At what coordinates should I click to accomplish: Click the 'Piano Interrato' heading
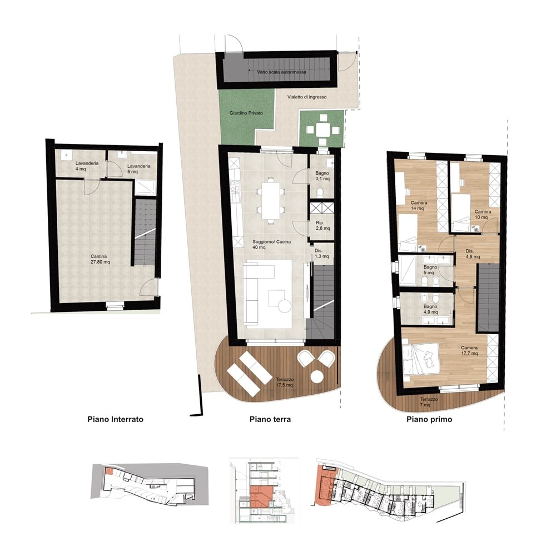coord(115,419)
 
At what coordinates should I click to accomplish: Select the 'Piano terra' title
coord(270,419)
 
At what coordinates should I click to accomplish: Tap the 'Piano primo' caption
coord(429,419)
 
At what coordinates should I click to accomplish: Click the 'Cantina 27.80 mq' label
coord(100,259)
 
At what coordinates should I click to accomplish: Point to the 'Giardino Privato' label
coord(246,113)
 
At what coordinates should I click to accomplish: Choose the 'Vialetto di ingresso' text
coord(307,97)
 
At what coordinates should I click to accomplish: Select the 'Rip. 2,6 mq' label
coord(322,226)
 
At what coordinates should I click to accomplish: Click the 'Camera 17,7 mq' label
coord(469,351)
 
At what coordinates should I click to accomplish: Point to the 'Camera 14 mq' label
coord(419,206)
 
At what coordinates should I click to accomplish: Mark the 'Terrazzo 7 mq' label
coord(428,402)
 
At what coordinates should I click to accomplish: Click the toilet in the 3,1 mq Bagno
coord(320,192)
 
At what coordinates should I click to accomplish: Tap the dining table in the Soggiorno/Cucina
coord(271,200)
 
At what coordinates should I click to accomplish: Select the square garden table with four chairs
coord(322,130)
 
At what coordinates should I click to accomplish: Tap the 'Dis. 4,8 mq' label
coord(472,254)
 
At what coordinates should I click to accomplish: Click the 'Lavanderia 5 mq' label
coord(138,169)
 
